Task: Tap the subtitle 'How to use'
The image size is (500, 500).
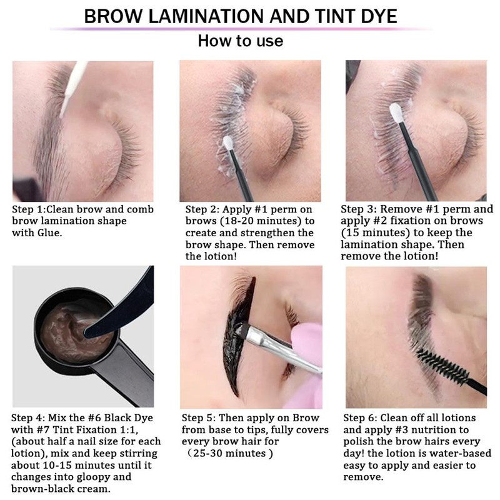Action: tap(240, 41)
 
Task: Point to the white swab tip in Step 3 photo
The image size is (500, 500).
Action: tap(395, 114)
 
